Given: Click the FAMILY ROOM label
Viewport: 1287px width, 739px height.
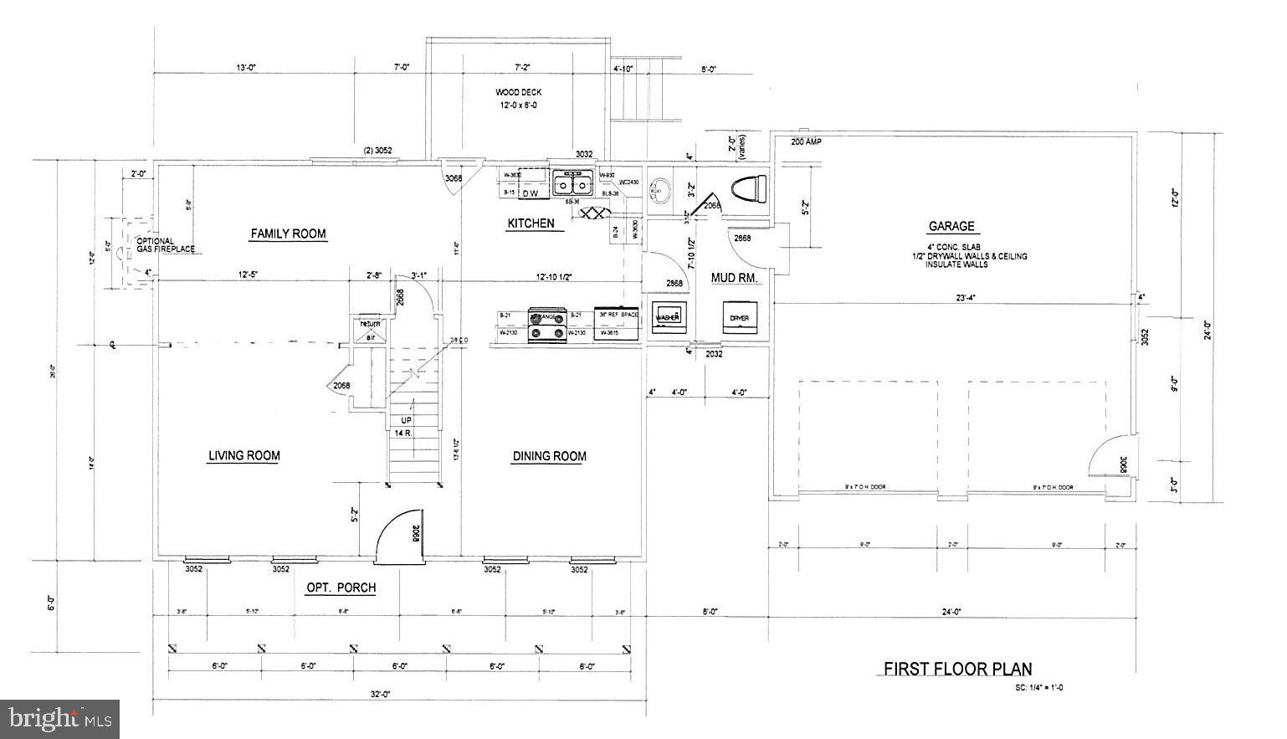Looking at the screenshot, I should pyautogui.click(x=288, y=234).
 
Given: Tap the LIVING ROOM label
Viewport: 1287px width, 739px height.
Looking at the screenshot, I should pyautogui.click(x=244, y=455).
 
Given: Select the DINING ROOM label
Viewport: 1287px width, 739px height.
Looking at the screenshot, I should pyautogui.click(x=549, y=456).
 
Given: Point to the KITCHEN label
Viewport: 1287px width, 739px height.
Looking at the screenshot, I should pyautogui.click(x=531, y=223).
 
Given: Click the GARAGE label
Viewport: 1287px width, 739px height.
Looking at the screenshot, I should pyautogui.click(x=951, y=226).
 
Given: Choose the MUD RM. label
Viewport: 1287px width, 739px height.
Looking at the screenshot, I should pyautogui.click(x=735, y=278).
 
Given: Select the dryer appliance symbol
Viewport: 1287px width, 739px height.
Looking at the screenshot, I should pyautogui.click(x=740, y=317).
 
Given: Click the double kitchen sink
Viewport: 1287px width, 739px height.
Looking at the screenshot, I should pyautogui.click(x=572, y=183).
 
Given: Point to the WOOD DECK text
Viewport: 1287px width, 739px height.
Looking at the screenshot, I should pyautogui.click(x=519, y=92).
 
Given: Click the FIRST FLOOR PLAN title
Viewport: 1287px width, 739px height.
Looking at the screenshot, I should pyautogui.click(x=957, y=669).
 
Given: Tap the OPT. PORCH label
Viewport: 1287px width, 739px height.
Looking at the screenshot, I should pyautogui.click(x=341, y=588).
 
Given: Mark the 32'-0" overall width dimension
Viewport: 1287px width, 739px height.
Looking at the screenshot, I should pyautogui.click(x=382, y=694).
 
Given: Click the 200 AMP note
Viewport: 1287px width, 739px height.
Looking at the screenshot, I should pyautogui.click(x=806, y=142).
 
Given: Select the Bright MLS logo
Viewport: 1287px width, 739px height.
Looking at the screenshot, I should pyautogui.click(x=60, y=718).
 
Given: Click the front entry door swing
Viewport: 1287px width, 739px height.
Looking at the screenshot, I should pyautogui.click(x=398, y=536).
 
